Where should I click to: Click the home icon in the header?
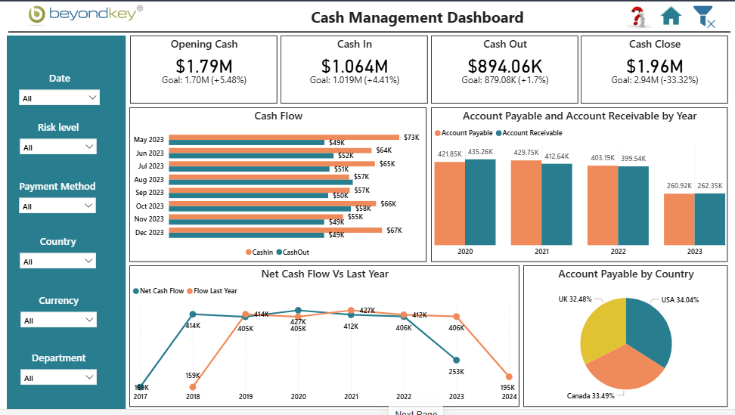click(x=671, y=16)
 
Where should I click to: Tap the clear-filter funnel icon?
click(x=703, y=17)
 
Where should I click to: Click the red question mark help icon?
click(x=637, y=17)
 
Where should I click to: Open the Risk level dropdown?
click(x=58, y=147)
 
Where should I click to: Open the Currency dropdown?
click(x=58, y=320)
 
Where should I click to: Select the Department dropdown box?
click(x=58, y=377)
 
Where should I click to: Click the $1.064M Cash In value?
click(x=355, y=66)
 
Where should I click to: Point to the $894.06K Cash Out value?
click(x=505, y=66)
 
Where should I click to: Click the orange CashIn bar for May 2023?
click(x=284, y=138)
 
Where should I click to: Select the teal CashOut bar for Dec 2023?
click(x=247, y=234)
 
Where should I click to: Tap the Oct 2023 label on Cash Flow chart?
click(x=150, y=206)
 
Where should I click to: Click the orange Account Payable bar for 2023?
click(x=679, y=219)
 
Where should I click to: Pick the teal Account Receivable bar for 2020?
click(x=480, y=202)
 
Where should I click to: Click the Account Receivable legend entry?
click(x=529, y=133)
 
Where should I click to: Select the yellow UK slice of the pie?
click(x=601, y=328)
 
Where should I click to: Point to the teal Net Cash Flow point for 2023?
click(x=457, y=361)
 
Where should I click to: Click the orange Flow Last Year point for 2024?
click(x=509, y=376)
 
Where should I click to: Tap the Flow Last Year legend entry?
click(x=212, y=291)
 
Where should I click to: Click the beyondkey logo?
click(x=85, y=14)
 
